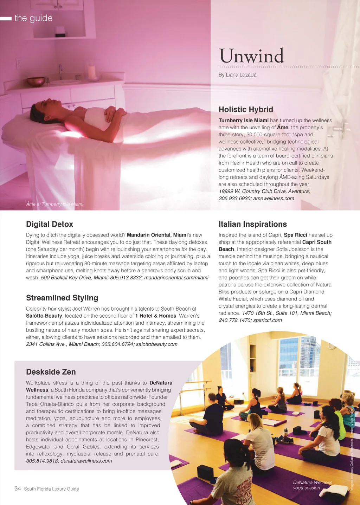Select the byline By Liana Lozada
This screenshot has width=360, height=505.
click(237, 75)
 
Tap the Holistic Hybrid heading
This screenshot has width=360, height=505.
click(246, 109)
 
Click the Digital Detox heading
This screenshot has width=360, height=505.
click(50, 224)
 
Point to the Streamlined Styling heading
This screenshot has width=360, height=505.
click(62, 298)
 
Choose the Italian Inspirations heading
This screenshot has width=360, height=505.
click(252, 224)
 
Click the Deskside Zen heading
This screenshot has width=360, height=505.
click(51, 372)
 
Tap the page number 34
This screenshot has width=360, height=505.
click(18, 488)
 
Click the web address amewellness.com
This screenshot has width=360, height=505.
click(274, 199)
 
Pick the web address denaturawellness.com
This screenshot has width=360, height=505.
click(86, 461)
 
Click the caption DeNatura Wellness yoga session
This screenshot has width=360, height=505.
click(312, 485)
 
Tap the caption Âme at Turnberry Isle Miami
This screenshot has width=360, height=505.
click(54, 204)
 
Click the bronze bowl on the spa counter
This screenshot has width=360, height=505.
click(36, 82)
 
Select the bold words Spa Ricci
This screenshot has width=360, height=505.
click(295, 235)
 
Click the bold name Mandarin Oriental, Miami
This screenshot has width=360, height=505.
click(157, 235)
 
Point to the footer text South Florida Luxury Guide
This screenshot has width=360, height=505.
click(51, 489)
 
